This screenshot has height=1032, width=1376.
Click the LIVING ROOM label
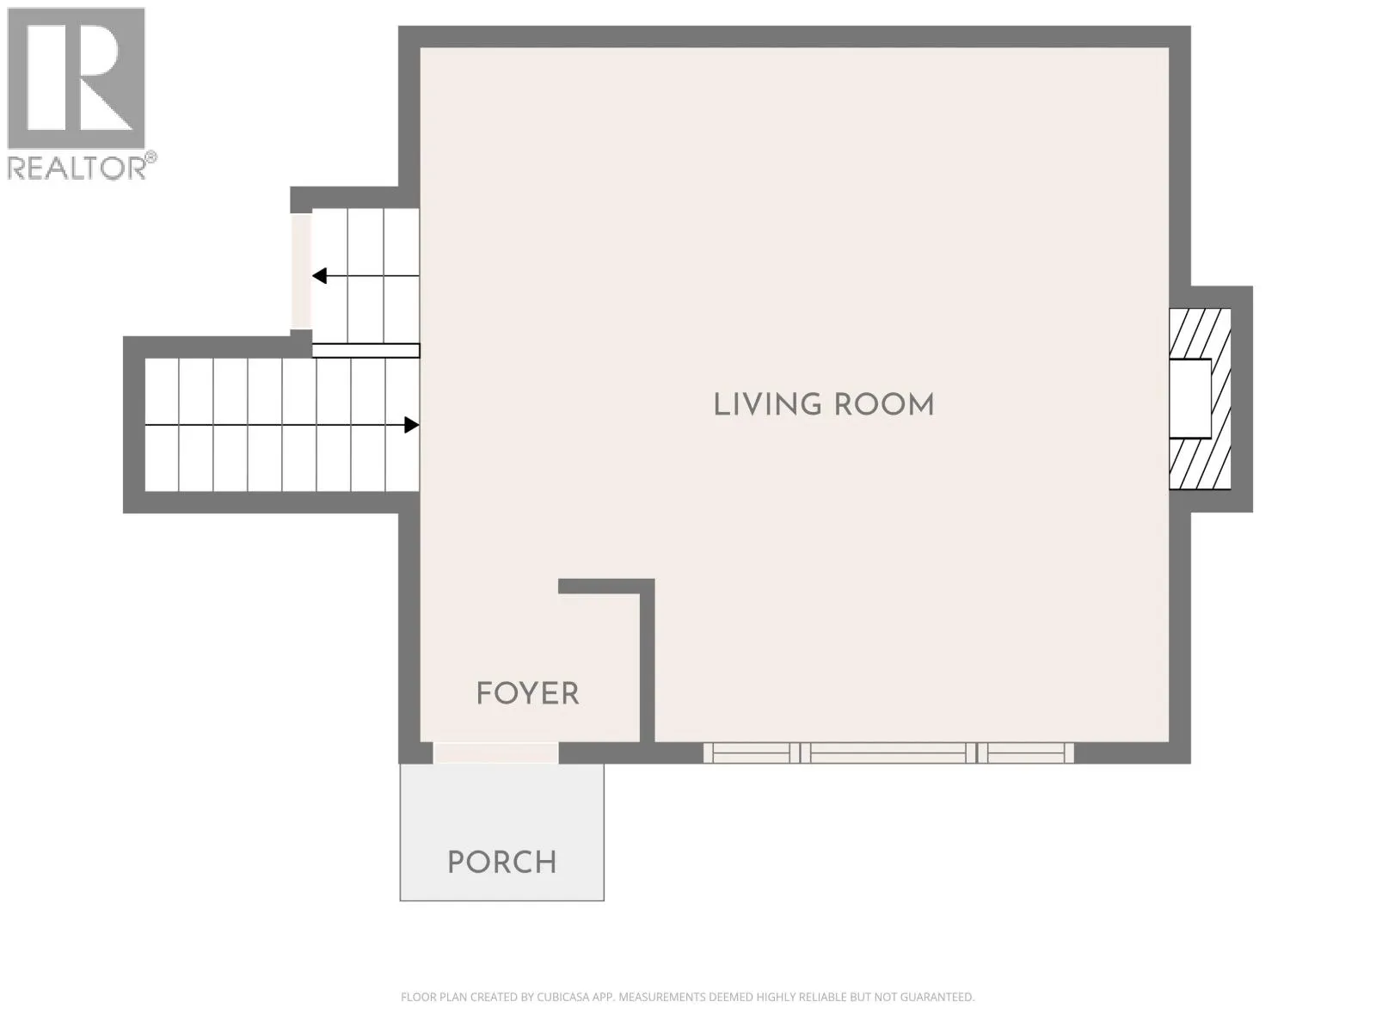(823, 405)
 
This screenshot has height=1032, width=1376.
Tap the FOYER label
(527, 694)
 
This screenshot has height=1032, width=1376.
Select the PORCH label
(502, 863)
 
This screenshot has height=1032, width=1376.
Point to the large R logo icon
(76, 77)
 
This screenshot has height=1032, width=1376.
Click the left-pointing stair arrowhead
(320, 276)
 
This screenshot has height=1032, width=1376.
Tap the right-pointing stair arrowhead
(411, 425)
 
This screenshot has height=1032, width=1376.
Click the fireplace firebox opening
(1190, 398)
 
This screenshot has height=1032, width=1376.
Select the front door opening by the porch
(495, 753)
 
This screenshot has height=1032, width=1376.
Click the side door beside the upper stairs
(301, 272)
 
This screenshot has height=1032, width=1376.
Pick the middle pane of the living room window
(888, 753)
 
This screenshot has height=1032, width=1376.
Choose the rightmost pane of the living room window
(1025, 753)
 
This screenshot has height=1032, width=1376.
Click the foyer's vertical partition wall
(647, 661)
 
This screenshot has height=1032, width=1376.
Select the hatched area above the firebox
(1200, 334)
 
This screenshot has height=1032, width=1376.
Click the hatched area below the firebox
(1200, 464)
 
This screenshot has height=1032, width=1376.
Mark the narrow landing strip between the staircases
(366, 351)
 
